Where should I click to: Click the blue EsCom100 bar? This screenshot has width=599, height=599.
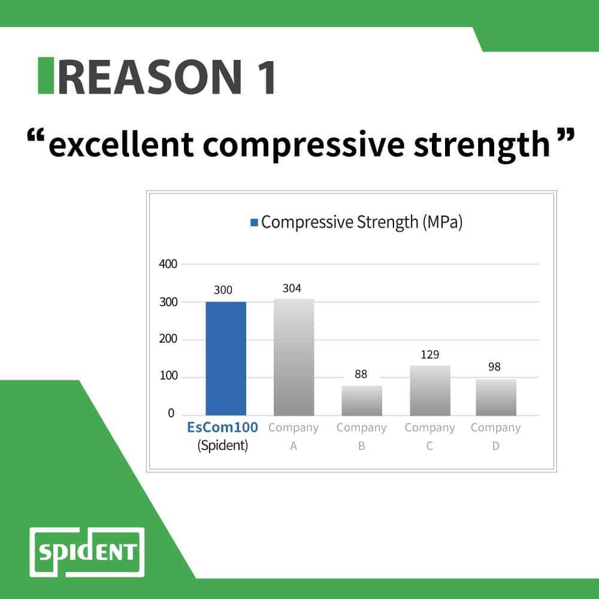coord(225,358)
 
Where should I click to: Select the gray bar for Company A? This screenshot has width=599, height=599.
coord(294,357)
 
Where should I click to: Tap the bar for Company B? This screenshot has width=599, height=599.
coord(362,400)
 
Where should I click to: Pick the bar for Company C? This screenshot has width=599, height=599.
coord(429,391)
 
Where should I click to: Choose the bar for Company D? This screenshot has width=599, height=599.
coord(495,397)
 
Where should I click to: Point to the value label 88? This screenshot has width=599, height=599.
coord(361,375)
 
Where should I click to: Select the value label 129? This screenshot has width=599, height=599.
coord(429,355)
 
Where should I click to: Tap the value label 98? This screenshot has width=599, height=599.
coord(494,367)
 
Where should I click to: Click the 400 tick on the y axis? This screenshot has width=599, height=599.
coord(168,264)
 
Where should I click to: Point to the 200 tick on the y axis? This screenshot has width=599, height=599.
coord(168,339)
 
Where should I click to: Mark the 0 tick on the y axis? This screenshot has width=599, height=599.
coord(171,414)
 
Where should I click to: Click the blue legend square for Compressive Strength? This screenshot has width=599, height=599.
coord(255,223)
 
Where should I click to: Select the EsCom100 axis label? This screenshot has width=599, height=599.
coord(222,428)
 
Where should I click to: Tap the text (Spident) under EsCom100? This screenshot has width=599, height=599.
coord(222,446)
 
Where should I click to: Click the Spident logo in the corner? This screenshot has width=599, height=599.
coord(87,551)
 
